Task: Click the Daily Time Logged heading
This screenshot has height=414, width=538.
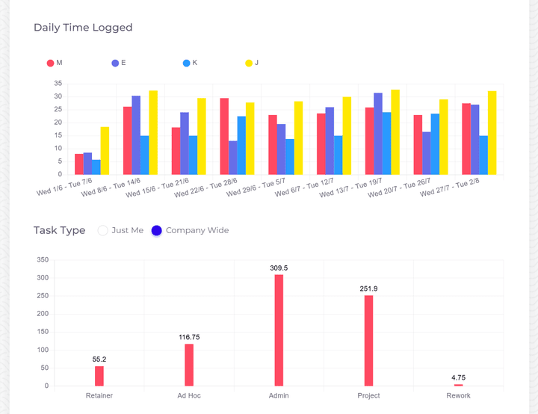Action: (x=83, y=28)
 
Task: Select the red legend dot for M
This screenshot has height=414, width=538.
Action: (x=51, y=64)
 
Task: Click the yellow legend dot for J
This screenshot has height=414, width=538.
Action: (x=250, y=64)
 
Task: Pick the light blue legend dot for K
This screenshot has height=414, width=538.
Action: (x=187, y=64)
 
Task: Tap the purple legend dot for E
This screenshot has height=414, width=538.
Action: (x=115, y=64)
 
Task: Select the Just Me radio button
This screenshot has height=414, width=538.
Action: (x=103, y=231)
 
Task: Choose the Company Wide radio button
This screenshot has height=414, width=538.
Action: (x=157, y=231)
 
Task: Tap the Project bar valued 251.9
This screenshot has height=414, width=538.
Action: (x=368, y=341)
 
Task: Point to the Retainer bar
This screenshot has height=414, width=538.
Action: (x=99, y=376)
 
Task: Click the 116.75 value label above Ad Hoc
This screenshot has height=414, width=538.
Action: (x=189, y=337)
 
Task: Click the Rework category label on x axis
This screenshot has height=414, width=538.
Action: (x=458, y=395)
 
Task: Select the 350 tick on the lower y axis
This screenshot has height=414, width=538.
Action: (x=42, y=260)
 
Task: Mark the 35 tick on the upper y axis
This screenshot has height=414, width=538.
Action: (x=58, y=96)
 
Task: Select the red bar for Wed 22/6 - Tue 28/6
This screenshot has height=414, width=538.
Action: (x=224, y=136)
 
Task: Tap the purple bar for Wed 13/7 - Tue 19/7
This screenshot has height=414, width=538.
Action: (x=378, y=134)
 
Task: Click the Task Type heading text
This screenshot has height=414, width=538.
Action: (x=59, y=230)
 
